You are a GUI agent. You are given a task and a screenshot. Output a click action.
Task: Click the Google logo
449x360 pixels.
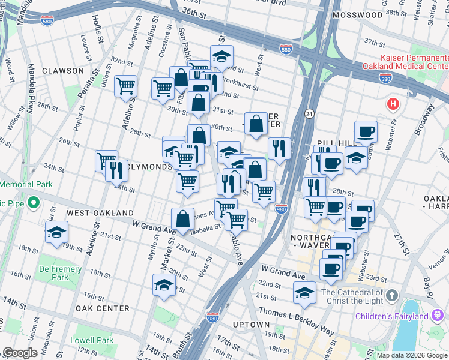[20, 353]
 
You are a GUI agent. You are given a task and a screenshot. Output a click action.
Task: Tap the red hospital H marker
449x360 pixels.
[393, 104]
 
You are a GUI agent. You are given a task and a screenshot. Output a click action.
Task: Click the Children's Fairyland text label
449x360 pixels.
[400, 316]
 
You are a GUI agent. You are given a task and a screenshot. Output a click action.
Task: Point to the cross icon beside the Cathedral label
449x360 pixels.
[391, 295]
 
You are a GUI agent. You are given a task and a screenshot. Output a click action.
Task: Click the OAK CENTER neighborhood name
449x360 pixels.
[102, 308]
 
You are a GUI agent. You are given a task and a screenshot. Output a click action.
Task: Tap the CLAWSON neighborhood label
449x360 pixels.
[63, 71]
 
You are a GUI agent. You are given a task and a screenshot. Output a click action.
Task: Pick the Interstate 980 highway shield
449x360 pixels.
[281, 208]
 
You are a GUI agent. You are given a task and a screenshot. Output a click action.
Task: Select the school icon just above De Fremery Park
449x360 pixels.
[56, 232]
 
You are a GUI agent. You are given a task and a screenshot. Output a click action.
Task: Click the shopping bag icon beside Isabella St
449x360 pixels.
[182, 218]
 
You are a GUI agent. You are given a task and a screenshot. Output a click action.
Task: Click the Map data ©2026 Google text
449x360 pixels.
[411, 355]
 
